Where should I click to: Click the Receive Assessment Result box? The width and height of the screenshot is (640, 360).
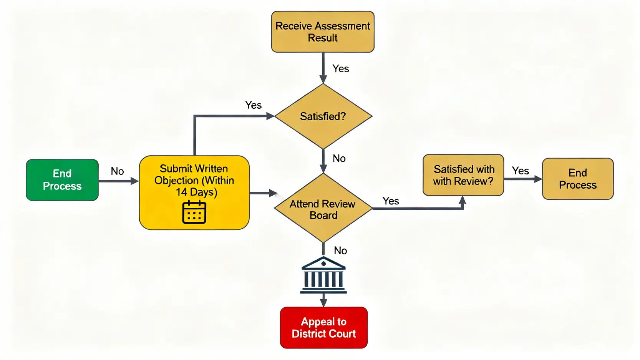(323, 32)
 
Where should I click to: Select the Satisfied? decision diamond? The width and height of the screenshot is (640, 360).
(323, 116)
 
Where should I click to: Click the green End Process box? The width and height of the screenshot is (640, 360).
(62, 180)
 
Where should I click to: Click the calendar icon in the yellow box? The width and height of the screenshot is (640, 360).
(194, 212)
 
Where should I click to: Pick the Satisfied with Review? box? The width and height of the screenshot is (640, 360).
(463, 175)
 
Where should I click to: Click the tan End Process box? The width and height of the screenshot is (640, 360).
(577, 179)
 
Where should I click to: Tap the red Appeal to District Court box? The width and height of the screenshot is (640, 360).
(324, 328)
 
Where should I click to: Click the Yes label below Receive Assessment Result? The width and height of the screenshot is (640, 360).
(341, 69)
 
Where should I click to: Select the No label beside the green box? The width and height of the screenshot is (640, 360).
(117, 171)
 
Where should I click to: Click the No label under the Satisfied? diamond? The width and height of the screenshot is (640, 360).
(339, 158)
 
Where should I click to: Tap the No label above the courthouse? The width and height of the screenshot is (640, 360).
(340, 251)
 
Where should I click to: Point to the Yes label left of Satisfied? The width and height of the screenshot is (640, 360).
(253, 105)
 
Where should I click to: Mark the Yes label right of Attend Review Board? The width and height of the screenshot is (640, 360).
(391, 201)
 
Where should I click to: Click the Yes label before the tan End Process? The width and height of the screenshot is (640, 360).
(520, 171)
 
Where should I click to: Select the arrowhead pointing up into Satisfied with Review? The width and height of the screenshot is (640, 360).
(463, 200)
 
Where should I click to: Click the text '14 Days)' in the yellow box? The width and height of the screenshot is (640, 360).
(196, 192)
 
